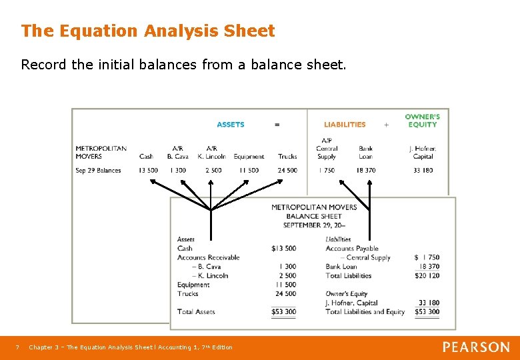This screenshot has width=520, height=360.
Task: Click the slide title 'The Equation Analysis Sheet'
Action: pyautogui.click(x=147, y=31)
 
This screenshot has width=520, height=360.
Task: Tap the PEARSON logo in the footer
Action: pyautogui.click(x=475, y=347)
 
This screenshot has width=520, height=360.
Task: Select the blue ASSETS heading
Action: pyautogui.click(x=231, y=125)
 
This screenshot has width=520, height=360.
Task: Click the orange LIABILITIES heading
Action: pyautogui.click(x=345, y=125)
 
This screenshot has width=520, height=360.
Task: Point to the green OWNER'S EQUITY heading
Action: pyautogui.click(x=422, y=121)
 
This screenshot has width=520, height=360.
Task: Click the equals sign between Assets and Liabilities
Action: pyautogui.click(x=277, y=125)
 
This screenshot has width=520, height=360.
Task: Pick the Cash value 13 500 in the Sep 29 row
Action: pyautogui.click(x=148, y=171)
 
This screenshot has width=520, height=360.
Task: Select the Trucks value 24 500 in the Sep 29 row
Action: pyautogui.click(x=287, y=171)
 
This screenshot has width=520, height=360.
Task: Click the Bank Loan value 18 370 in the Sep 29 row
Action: pyautogui.click(x=365, y=171)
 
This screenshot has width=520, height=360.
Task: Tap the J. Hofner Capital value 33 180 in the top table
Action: pyautogui.click(x=423, y=171)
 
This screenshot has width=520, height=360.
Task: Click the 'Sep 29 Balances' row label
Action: pyautogui.click(x=98, y=171)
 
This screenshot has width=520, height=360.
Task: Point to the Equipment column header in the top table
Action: pyautogui.click(x=249, y=157)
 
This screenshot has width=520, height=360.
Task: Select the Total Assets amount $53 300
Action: pyautogui.click(x=283, y=312)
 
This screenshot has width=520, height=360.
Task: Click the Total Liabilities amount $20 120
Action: pyautogui.click(x=427, y=276)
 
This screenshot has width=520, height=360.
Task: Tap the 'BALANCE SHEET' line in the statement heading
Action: pyautogui.click(x=313, y=216)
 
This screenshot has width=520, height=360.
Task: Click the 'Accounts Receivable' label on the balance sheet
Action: pyautogui.click(x=208, y=257)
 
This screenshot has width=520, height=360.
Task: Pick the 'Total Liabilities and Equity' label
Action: pyautogui.click(x=365, y=312)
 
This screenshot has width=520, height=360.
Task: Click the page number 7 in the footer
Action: pyautogui.click(x=18, y=347)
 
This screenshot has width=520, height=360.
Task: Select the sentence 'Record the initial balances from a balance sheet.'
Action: pyautogui.click(x=183, y=65)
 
